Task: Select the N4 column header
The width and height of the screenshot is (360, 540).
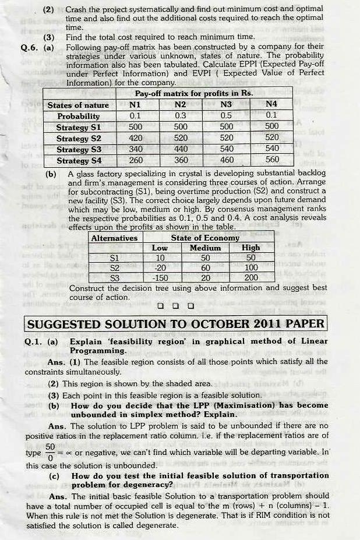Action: coord(271,105)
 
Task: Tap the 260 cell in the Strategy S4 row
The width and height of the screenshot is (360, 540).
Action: coord(136,160)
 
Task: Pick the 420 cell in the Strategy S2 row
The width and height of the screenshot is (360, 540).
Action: coord(136,138)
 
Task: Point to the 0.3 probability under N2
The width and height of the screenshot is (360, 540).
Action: coord(181,116)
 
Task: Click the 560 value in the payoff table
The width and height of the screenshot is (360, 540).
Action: coord(271,160)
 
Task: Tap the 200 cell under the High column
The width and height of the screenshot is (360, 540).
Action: coord(251,278)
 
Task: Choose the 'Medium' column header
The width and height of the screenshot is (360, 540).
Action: coord(206,248)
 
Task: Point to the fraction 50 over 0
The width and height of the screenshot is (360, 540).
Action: coord(50,451)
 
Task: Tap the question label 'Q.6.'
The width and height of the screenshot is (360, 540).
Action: coord(29,47)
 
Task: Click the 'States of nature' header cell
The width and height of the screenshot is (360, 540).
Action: coord(78,105)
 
